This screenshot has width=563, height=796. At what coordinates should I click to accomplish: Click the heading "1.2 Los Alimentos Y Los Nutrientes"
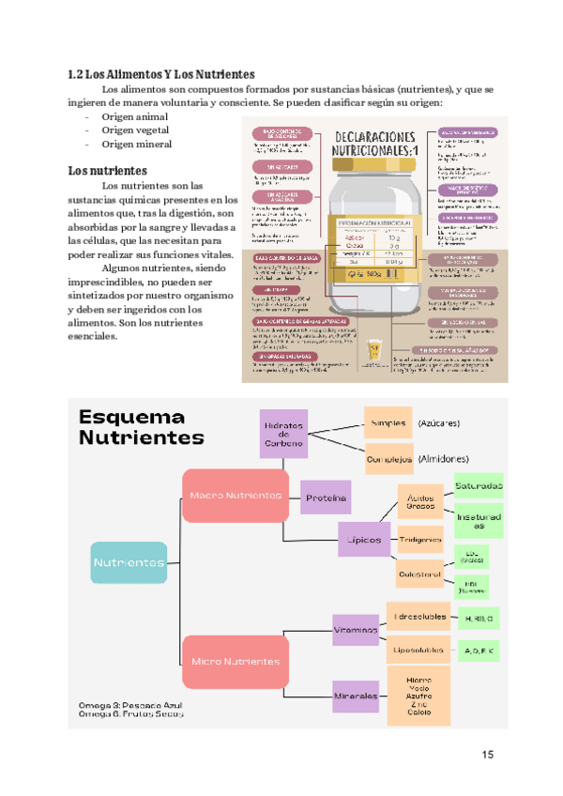(162, 73)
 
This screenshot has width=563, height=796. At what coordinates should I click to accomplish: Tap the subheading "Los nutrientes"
(108, 171)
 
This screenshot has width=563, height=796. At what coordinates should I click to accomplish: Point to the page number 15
(487, 754)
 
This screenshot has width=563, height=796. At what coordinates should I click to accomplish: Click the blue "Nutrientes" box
(129, 562)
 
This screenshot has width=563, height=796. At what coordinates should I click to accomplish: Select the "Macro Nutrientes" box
(235, 496)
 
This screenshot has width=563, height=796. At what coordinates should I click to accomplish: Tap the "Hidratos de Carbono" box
(283, 434)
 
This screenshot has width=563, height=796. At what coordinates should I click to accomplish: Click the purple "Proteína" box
(326, 497)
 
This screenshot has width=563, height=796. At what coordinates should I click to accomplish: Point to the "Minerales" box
(354, 696)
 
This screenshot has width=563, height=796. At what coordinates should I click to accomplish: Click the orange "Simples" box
(388, 423)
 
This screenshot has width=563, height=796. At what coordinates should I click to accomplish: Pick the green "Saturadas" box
(479, 486)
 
